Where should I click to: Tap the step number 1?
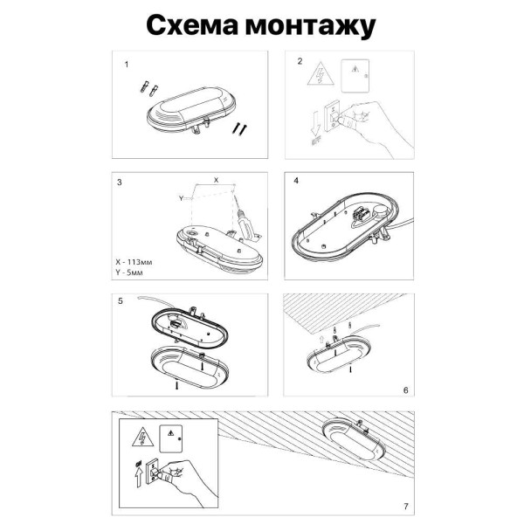[x=127, y=65]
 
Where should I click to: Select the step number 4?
[x=296, y=182]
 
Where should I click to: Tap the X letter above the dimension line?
[x=217, y=178]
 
